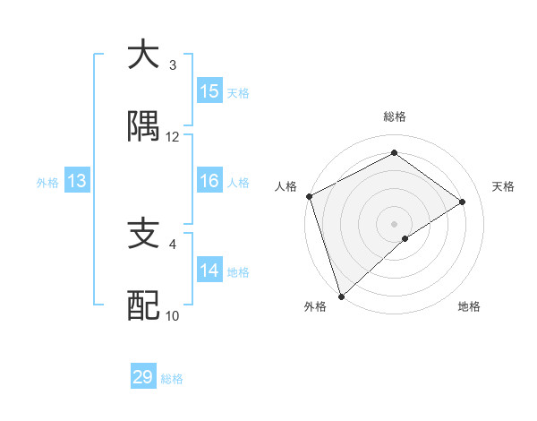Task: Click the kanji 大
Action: (x=143, y=55)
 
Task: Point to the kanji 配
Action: (x=143, y=306)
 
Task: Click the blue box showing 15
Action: (x=209, y=91)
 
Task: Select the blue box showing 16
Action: (x=209, y=182)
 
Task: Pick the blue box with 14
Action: (x=209, y=271)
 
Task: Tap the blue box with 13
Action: (x=77, y=182)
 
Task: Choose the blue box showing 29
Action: (x=143, y=377)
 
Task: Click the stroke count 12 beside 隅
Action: (x=173, y=137)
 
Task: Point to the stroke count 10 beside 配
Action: (x=173, y=316)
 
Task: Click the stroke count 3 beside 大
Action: (x=173, y=65)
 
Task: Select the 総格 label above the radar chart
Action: (x=394, y=116)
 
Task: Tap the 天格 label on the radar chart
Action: (x=504, y=186)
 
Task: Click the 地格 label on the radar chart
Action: (x=469, y=306)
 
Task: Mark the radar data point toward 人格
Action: (x=309, y=196)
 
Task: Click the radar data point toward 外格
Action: (x=341, y=296)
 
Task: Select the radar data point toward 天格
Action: (x=463, y=202)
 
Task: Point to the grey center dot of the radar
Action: (x=394, y=223)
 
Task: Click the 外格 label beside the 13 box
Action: (x=47, y=183)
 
